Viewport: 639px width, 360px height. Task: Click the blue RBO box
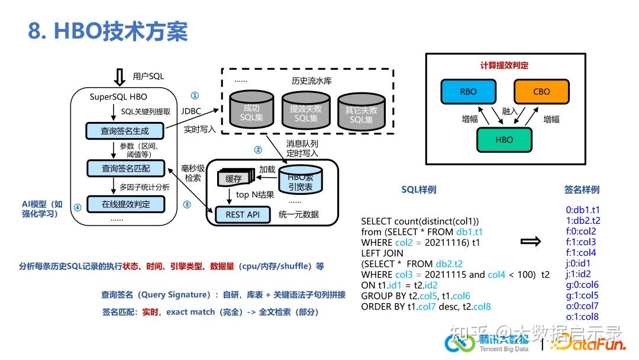(467, 92)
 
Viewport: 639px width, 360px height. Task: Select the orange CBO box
(541, 92)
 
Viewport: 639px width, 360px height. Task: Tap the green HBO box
(504, 140)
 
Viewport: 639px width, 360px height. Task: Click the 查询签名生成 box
(125, 131)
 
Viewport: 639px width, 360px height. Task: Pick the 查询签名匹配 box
(125, 168)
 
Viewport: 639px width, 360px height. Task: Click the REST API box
(243, 214)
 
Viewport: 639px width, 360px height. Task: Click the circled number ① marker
(195, 95)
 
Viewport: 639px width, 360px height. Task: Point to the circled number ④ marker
(78, 207)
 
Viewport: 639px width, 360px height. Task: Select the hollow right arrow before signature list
(531, 242)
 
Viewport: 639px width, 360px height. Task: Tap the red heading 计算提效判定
(504, 65)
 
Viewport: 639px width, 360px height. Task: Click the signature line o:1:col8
(582, 317)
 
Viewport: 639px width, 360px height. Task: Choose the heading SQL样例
(419, 189)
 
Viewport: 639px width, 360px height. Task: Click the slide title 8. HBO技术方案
(108, 31)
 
